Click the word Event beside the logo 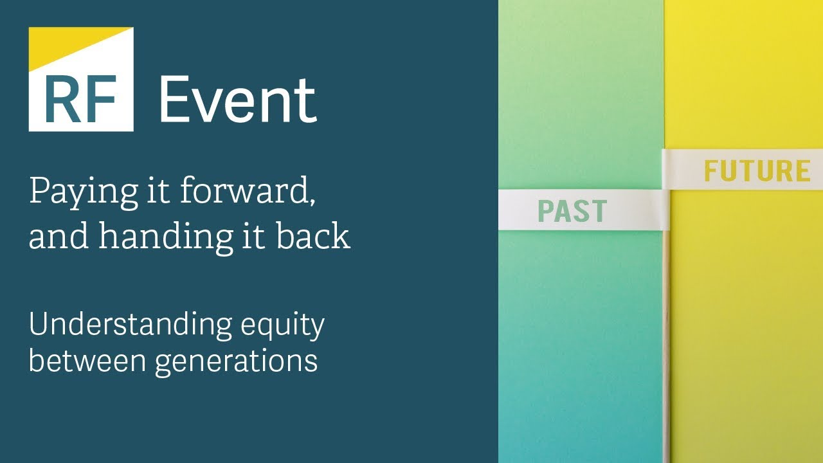(x=238, y=99)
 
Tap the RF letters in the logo (x=80, y=99)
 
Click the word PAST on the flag (x=572, y=211)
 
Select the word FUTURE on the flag (x=757, y=170)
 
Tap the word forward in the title (x=245, y=190)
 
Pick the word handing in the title (x=166, y=237)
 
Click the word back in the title (x=313, y=235)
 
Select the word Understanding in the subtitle (x=131, y=324)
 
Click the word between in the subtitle (x=88, y=359)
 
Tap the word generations (x=237, y=362)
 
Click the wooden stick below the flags (x=666, y=346)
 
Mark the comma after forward (x=312, y=201)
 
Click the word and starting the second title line (x=59, y=235)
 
